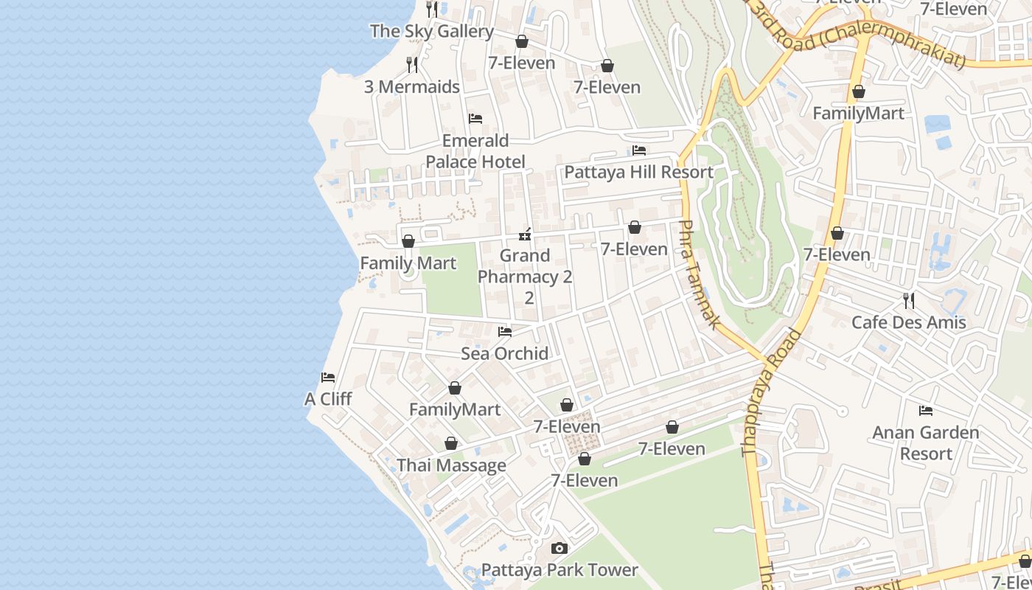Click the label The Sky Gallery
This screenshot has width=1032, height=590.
pyautogui.click(x=431, y=31)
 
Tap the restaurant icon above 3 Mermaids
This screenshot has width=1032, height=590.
pyautogui.click(x=412, y=65)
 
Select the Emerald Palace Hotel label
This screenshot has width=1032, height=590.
pyautogui.click(x=475, y=151)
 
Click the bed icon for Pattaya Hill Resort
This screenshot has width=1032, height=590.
pyautogui.click(x=639, y=150)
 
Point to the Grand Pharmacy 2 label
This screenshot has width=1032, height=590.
pyautogui.click(x=525, y=266)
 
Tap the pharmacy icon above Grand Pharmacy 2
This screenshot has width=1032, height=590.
pyautogui.click(x=525, y=235)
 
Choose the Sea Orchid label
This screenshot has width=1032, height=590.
pyautogui.click(x=504, y=353)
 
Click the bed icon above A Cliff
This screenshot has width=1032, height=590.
pyautogui.click(x=328, y=378)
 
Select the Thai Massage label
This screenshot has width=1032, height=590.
pyautogui.click(x=451, y=465)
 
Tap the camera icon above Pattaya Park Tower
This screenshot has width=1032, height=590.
pyautogui.click(x=559, y=548)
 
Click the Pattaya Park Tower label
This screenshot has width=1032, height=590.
pyautogui.click(x=559, y=570)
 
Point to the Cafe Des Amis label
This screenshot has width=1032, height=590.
pyautogui.click(x=908, y=322)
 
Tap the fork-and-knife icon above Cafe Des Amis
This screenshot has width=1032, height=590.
pyautogui.click(x=908, y=301)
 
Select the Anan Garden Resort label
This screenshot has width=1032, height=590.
pyautogui.click(x=926, y=442)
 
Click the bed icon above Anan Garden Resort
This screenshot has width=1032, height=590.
pyautogui.click(x=926, y=411)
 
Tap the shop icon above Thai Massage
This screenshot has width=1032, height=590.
pyautogui.click(x=451, y=443)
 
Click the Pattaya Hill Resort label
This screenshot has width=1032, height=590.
pyautogui.click(x=638, y=173)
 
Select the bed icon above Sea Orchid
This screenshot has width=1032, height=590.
pyautogui.click(x=505, y=332)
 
